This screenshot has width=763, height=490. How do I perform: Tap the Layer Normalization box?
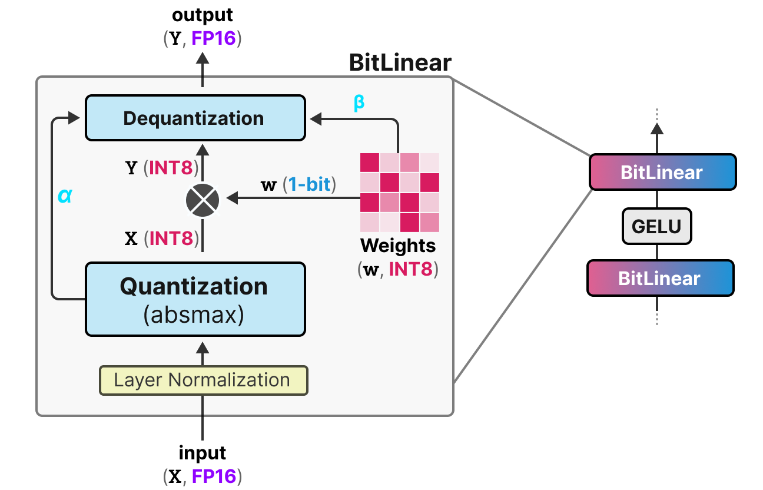[x=203, y=380]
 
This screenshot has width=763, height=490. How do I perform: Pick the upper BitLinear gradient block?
[x=662, y=172]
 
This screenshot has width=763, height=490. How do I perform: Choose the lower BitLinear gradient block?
[x=660, y=278]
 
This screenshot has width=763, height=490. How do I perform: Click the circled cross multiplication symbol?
[x=203, y=200]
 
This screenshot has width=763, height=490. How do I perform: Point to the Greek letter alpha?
[x=65, y=196]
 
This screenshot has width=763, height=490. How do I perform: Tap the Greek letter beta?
[x=359, y=102]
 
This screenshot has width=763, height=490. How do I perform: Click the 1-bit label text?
[x=309, y=184]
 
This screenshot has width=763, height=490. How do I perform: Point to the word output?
[x=203, y=15]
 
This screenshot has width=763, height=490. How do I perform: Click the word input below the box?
[x=203, y=453]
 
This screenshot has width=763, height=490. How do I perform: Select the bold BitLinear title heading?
[x=400, y=62]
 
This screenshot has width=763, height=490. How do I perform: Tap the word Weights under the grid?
[x=399, y=244]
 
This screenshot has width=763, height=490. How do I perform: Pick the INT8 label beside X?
[x=171, y=239]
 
